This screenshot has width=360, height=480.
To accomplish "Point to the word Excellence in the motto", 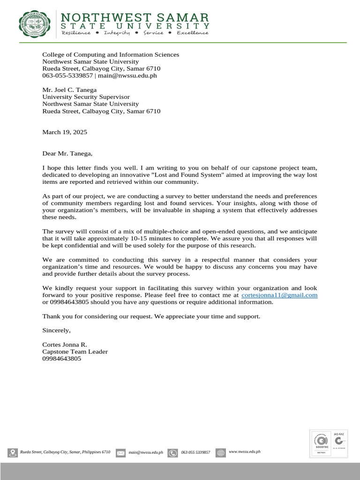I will pyautogui.click(x=192, y=33).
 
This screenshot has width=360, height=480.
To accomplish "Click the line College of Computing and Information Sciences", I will pyautogui.click(x=111, y=55).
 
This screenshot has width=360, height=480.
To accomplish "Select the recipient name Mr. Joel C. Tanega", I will pyautogui.click(x=69, y=90).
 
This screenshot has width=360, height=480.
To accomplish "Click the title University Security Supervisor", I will pyautogui.click(x=86, y=97).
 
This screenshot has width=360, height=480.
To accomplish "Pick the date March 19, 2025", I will pyautogui.click(x=65, y=132).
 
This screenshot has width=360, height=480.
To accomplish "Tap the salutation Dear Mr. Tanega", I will pyautogui.click(x=67, y=153).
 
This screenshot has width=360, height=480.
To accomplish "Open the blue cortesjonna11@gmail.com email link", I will pyautogui.click(x=279, y=295).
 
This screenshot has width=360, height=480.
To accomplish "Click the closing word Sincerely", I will pyautogui.click(x=56, y=330).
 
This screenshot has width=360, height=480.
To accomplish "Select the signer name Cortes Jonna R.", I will pyautogui.click(x=65, y=345).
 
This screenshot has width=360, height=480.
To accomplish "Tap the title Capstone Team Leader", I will pyautogui.click(x=75, y=352).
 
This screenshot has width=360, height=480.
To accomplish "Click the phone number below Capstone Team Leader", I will pyautogui.click(x=61, y=359).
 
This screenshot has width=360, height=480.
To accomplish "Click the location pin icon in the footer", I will pyautogui.click(x=12, y=453).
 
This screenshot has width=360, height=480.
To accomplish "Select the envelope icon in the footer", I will pyautogui.click(x=121, y=453).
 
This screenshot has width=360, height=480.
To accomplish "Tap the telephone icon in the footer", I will pyautogui.click(x=172, y=453).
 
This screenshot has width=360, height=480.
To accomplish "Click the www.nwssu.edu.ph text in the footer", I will pyautogui.click(x=244, y=451).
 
